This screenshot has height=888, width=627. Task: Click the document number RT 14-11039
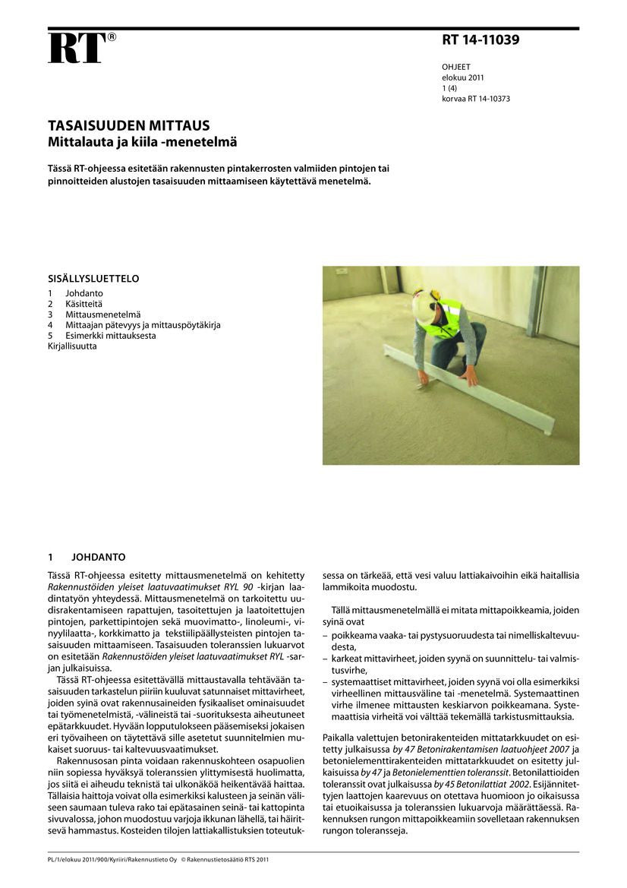pos(480,40)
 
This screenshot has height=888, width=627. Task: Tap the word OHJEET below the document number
pos(456,67)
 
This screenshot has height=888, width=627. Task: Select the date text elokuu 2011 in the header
pos(463,77)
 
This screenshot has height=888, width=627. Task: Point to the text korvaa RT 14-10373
pos(476,99)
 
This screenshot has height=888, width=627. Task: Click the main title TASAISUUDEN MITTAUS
pos(129,125)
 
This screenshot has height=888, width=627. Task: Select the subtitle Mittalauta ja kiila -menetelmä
pos(143,141)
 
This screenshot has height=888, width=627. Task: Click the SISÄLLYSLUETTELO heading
pos(93,279)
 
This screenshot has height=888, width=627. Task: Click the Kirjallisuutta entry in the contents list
pos(72,346)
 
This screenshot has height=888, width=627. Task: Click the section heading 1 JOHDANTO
pos(87,557)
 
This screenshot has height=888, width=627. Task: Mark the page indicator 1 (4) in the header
pos(450,88)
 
